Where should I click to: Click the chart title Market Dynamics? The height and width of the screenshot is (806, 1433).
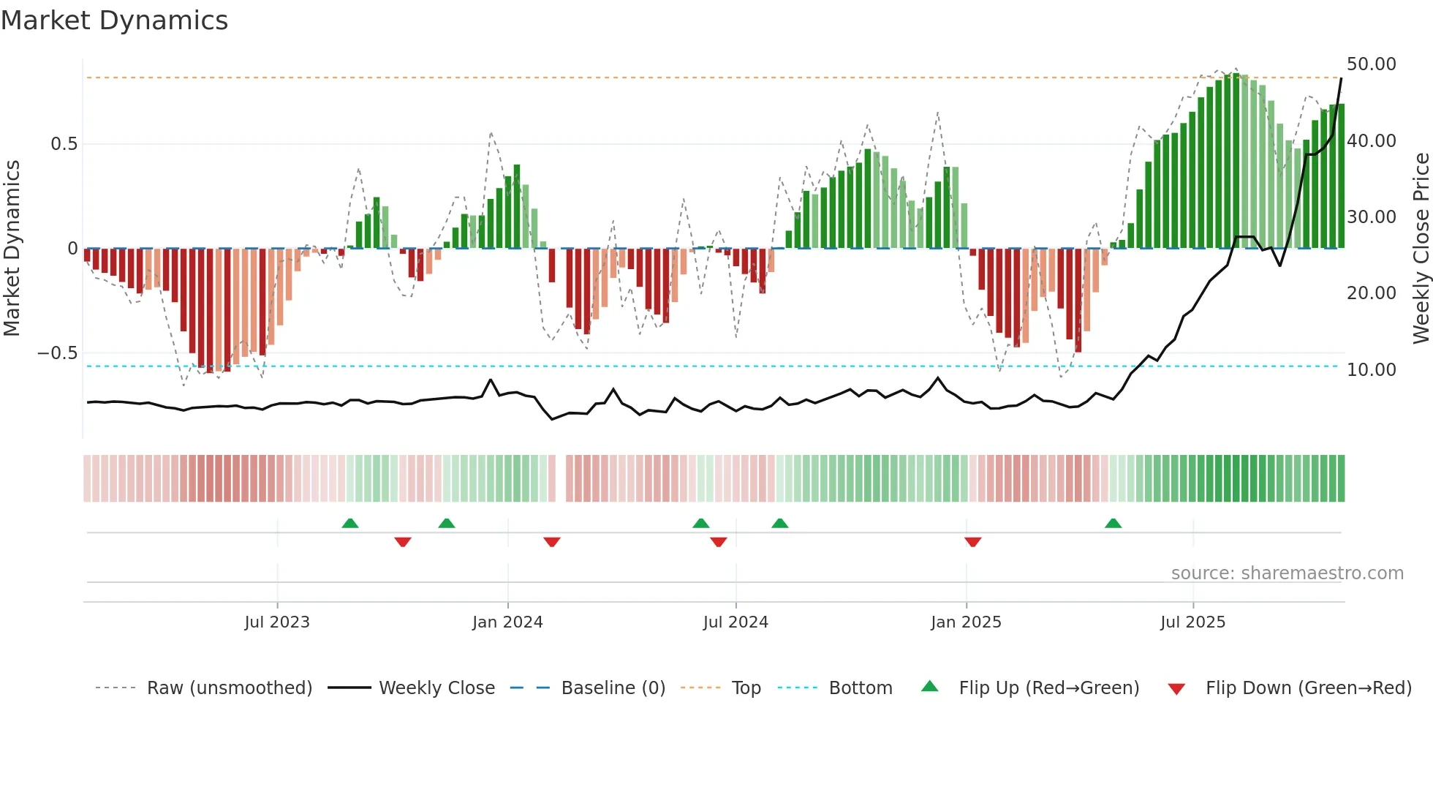pyautogui.click(x=115, y=20)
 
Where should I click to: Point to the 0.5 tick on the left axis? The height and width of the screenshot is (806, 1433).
pyautogui.click(x=64, y=144)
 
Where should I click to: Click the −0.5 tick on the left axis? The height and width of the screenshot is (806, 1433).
pyautogui.click(x=58, y=353)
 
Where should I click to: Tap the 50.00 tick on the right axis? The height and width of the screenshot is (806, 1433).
pyautogui.click(x=1371, y=64)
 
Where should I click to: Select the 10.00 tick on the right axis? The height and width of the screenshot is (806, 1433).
pyautogui.click(x=1371, y=370)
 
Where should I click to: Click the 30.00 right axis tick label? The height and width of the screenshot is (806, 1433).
pyautogui.click(x=1371, y=217)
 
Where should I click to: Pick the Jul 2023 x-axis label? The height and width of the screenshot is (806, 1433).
pyautogui.click(x=277, y=622)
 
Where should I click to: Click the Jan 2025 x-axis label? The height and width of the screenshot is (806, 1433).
pyautogui.click(x=966, y=622)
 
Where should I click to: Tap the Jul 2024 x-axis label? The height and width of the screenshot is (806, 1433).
pyautogui.click(x=736, y=622)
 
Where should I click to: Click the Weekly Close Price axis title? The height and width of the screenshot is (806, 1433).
pyautogui.click(x=1421, y=249)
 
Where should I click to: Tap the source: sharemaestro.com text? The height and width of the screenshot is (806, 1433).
pyautogui.click(x=1287, y=573)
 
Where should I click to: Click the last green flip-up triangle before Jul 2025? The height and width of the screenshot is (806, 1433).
pyautogui.click(x=1113, y=523)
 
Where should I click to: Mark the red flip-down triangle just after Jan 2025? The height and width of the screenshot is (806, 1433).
pyautogui.click(x=972, y=542)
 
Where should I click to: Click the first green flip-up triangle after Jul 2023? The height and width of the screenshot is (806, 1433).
pyautogui.click(x=350, y=523)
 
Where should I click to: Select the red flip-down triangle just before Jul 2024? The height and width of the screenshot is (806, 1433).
pyautogui.click(x=719, y=542)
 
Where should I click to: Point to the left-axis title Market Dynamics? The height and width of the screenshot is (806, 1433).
pyautogui.click(x=12, y=249)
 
